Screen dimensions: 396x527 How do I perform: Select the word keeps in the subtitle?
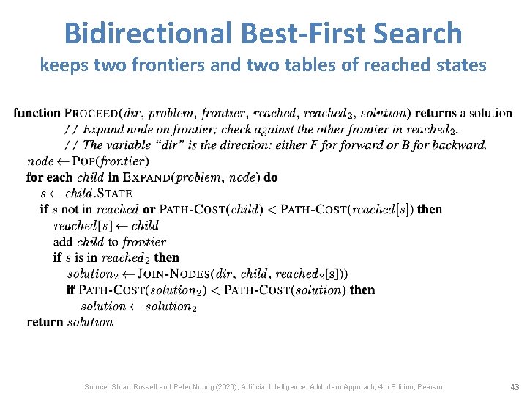(x=62, y=66)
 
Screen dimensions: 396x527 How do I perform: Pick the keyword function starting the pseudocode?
(x=37, y=113)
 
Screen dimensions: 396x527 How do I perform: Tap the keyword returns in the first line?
(x=433, y=113)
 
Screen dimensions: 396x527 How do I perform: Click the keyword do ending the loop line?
(x=271, y=177)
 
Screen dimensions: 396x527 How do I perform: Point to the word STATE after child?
(x=116, y=194)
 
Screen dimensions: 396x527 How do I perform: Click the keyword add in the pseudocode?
(x=63, y=242)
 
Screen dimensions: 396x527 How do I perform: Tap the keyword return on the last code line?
(x=45, y=323)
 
